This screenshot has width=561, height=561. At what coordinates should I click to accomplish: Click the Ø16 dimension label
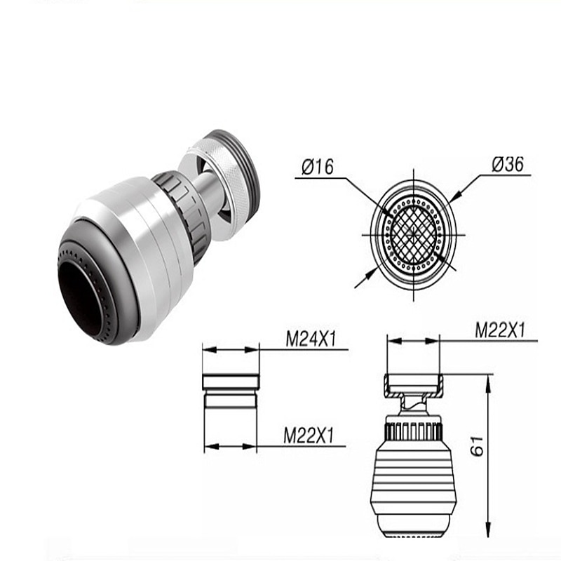318,167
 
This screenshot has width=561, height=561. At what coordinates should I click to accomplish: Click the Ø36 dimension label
507,164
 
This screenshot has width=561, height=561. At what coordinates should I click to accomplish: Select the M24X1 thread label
311,339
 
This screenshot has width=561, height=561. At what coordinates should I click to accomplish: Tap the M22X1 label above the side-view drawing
500,330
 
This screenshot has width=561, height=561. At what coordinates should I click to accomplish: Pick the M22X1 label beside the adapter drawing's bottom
309,435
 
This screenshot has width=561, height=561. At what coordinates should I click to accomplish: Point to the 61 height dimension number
477,446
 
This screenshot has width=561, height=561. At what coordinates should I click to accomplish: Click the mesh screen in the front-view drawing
414,235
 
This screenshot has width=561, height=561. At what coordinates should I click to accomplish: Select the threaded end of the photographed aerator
243,172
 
